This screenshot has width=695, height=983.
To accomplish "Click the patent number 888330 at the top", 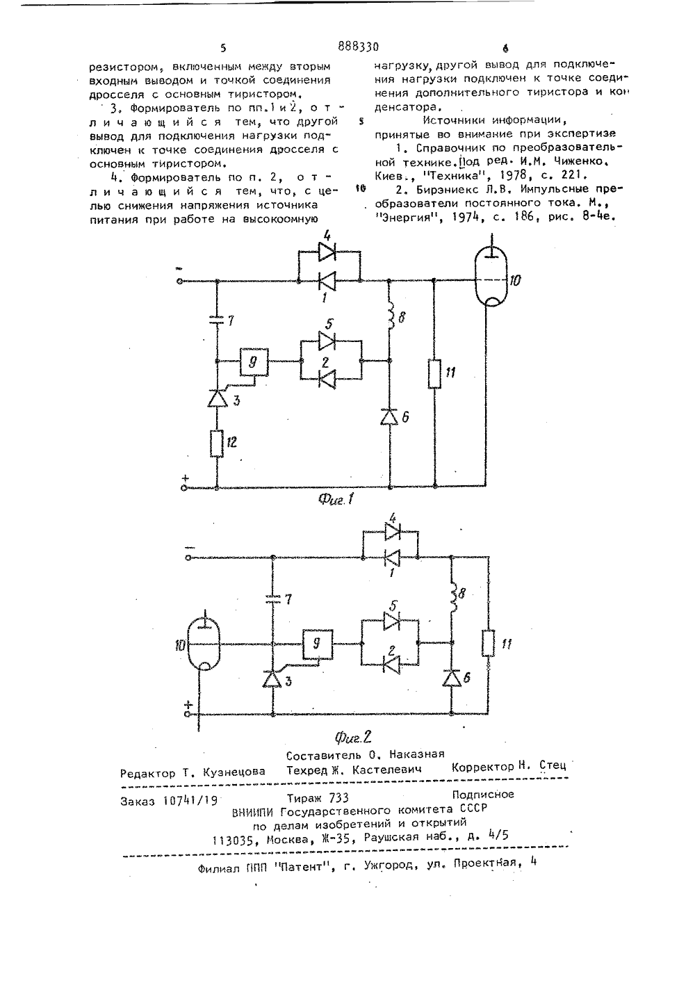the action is (x=358, y=47).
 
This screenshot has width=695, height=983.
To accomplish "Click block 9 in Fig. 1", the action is (x=254, y=361).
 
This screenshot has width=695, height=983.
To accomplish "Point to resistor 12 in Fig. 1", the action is (x=217, y=443).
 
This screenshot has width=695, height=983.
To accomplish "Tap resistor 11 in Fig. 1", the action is (x=434, y=373).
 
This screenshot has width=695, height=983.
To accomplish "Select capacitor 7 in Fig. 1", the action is (x=217, y=322).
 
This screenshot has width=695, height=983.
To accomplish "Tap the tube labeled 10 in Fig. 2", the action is (x=204, y=644).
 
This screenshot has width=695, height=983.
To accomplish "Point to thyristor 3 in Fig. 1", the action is (x=217, y=398).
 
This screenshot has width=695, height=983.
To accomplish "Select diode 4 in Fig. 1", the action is (x=327, y=252).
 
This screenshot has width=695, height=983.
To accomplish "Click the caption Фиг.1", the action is (x=336, y=499).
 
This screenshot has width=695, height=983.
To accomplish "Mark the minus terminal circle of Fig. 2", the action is (x=188, y=558).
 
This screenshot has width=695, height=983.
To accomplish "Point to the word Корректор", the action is (x=482, y=767).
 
